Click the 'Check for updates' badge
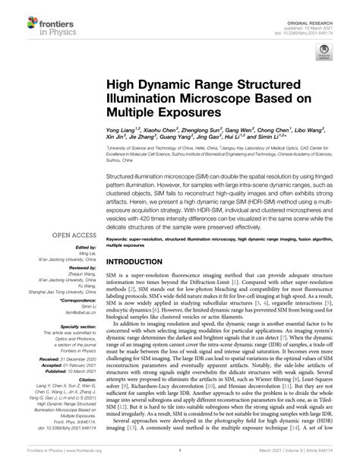324,55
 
